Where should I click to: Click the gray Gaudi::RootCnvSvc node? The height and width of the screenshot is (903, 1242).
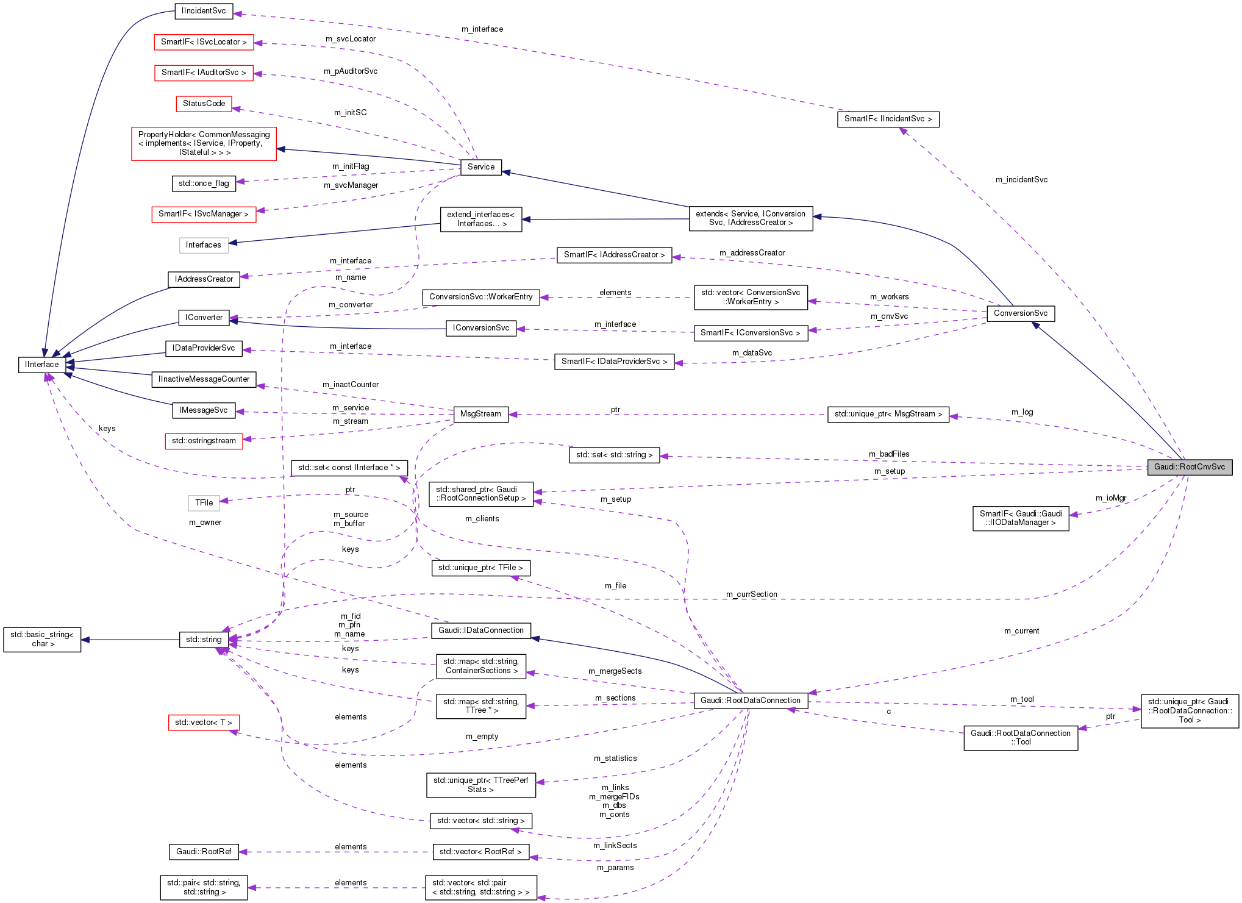1189,467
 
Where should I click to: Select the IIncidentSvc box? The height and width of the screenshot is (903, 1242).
204,11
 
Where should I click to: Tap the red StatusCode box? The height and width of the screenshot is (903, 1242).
204,104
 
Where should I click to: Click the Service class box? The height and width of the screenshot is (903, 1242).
480,167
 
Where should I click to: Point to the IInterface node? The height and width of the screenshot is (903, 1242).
42,365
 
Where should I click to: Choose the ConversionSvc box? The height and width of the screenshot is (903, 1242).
1020,313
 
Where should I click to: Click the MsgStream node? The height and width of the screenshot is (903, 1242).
480,414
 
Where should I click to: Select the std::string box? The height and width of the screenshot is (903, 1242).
204,640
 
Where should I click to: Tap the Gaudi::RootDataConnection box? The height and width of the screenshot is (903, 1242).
750,701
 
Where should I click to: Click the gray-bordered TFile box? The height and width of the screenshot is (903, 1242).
204,503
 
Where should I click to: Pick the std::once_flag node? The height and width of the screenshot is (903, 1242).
204,184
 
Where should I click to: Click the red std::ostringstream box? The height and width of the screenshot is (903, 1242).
204,441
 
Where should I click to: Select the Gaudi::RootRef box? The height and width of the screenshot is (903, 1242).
204,852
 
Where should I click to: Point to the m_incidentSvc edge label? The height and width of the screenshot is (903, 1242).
1021,180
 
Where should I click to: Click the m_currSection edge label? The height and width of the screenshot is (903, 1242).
751,594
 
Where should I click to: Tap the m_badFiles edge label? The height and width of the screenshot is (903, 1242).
889,454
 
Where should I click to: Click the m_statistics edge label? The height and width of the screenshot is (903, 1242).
615,758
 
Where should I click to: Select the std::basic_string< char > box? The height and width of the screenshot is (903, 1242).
42,640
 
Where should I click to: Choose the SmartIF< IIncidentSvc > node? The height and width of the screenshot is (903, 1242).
888,119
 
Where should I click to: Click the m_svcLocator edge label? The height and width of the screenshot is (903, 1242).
351,39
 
